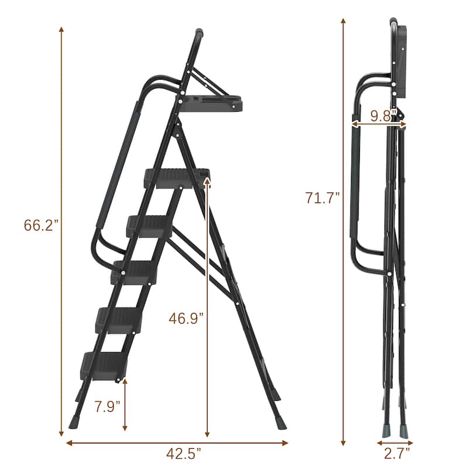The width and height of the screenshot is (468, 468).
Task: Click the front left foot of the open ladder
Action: pyautogui.click(x=74, y=421)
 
